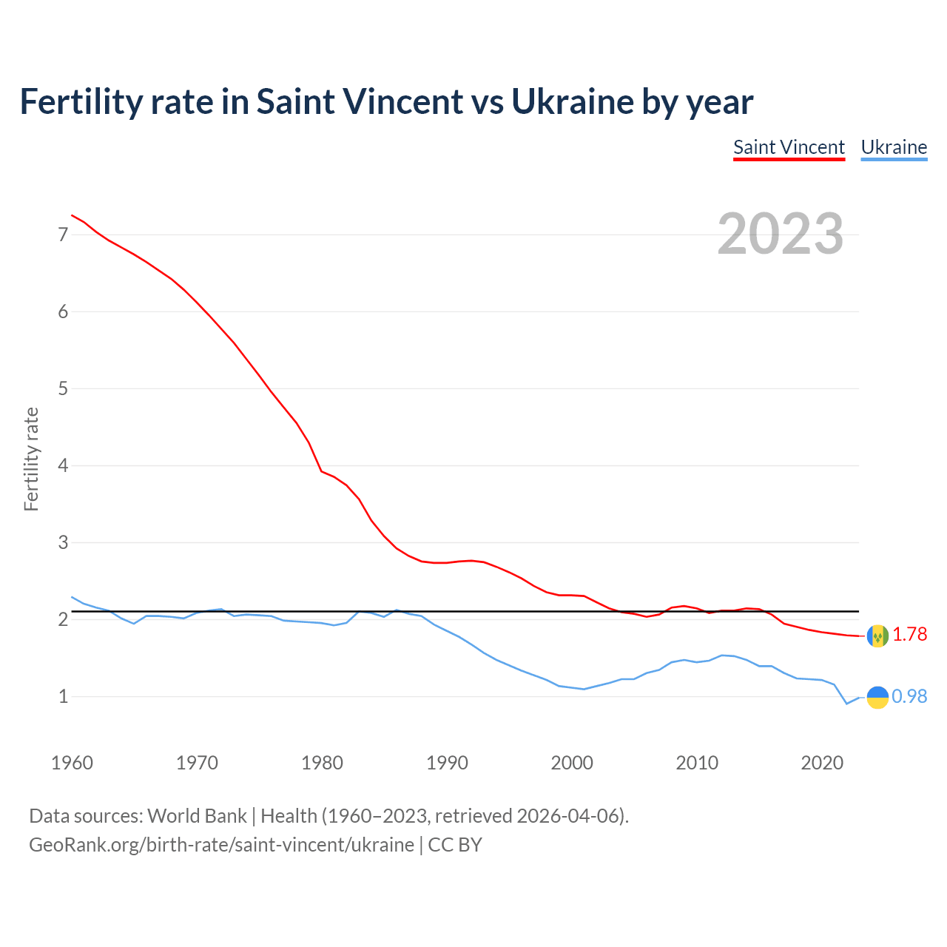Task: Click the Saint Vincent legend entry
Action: pos(789,147)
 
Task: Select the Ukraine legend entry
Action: pos(894,147)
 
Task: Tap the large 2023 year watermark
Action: pos(781,234)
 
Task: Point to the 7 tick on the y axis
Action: pos(63,235)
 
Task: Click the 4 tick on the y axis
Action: pos(63,465)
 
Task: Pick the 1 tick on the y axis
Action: pos(63,696)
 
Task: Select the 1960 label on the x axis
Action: pos(72,763)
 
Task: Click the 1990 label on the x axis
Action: pos(447,763)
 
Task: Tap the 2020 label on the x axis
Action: pos(822,763)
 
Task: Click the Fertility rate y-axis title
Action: pos(31,459)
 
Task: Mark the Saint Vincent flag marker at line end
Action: pos(877,636)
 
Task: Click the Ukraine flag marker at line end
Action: pos(877,697)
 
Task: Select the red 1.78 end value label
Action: pos(909,635)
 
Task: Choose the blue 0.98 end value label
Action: pos(909,696)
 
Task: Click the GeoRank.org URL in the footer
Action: pos(221,845)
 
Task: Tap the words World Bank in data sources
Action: pos(197,816)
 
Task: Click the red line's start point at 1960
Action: pos(72,215)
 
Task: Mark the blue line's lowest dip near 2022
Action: pos(847,704)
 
